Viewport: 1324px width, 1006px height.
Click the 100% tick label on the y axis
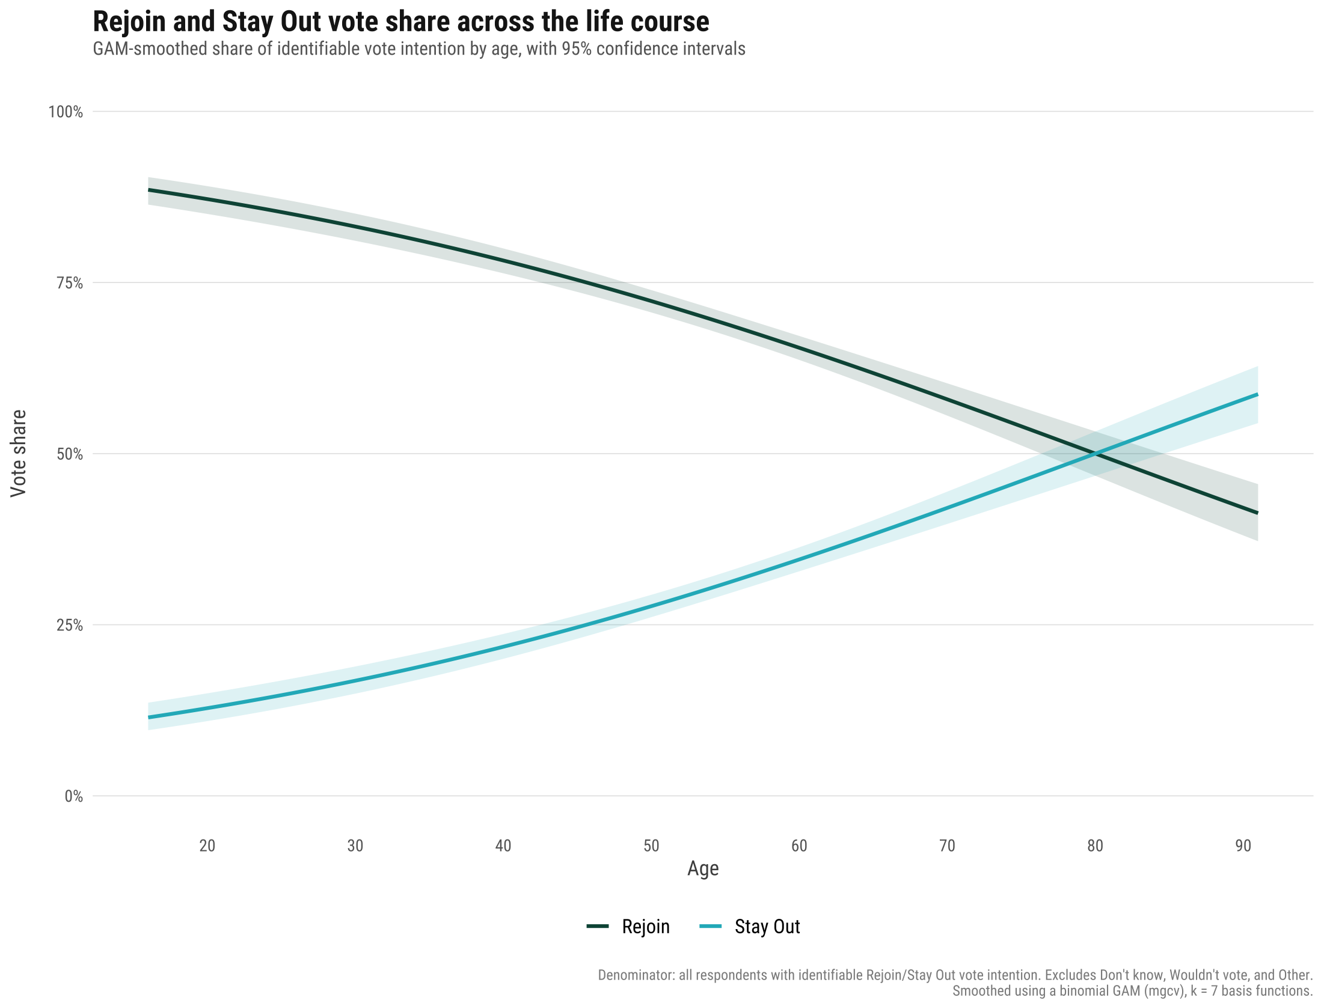point(66,112)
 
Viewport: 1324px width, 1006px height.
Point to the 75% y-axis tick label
point(70,283)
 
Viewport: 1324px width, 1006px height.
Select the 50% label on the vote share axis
point(70,454)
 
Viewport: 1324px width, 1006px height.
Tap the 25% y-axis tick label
point(70,626)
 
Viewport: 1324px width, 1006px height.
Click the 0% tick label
point(74,797)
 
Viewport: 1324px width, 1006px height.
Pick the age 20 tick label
point(207,846)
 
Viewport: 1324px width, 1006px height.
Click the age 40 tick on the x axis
point(503,846)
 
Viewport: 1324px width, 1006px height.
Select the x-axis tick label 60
point(799,846)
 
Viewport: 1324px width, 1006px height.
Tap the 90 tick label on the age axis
point(1243,846)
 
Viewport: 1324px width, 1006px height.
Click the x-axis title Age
point(703,869)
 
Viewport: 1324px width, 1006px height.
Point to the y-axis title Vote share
point(19,454)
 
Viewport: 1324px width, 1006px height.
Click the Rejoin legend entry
point(628,927)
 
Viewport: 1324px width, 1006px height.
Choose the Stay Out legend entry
point(750,927)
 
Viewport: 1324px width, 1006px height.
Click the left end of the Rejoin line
point(149,190)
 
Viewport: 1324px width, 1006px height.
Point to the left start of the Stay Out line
point(149,718)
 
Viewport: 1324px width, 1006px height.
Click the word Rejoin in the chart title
point(129,22)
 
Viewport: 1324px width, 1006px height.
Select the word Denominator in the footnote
point(636,975)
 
